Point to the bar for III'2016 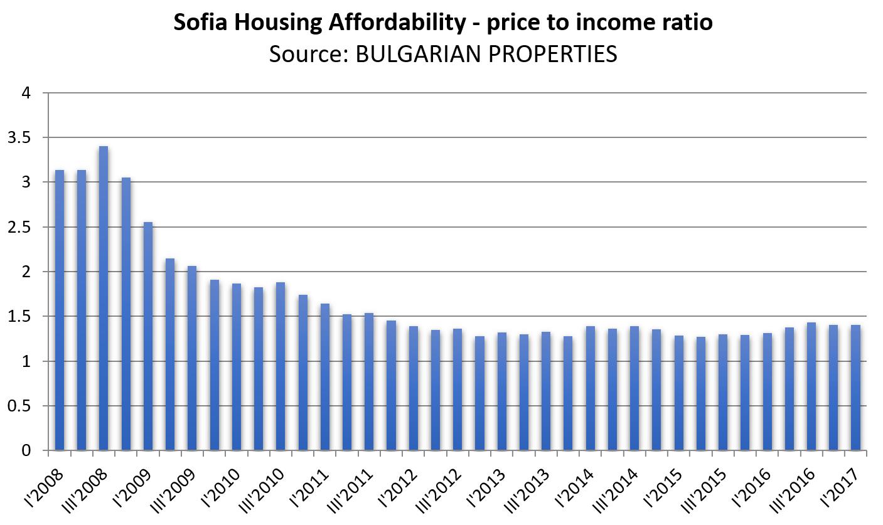point(811,386)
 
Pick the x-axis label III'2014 point(618,487)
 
